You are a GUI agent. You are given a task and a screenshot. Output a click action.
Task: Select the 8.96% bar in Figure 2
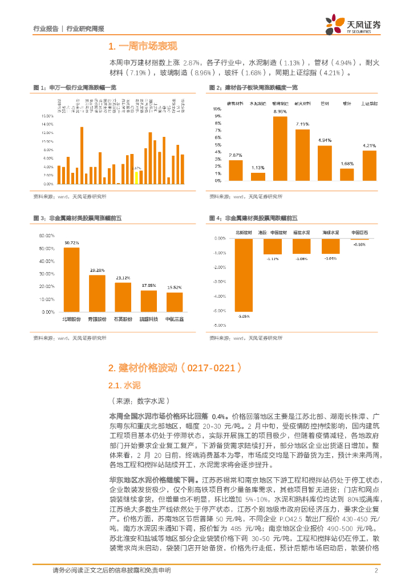pyautogui.click(x=280, y=148)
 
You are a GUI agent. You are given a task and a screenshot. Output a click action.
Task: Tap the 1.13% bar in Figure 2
pyautogui.click(x=258, y=177)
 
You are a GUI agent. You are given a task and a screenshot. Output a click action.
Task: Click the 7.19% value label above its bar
pyautogui.click(x=302, y=124)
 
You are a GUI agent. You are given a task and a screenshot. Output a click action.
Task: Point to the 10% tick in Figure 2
pyautogui.click(x=217, y=108)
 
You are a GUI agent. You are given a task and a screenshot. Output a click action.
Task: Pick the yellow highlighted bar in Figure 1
pyautogui.click(x=136, y=177)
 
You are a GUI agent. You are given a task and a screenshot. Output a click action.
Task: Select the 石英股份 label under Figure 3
pyautogui.click(x=123, y=319)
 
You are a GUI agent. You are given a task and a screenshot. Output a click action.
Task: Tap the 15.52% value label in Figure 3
pyautogui.click(x=175, y=287)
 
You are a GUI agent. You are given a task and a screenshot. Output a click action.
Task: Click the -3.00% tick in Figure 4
pyautogui.click(x=218, y=282)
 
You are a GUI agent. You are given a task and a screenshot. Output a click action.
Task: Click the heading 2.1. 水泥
pyautogui.click(x=124, y=386)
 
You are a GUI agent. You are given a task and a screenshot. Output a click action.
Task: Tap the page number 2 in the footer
pyautogui.click(x=376, y=570)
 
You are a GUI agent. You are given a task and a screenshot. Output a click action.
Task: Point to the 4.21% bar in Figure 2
pyautogui.click(x=369, y=165)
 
